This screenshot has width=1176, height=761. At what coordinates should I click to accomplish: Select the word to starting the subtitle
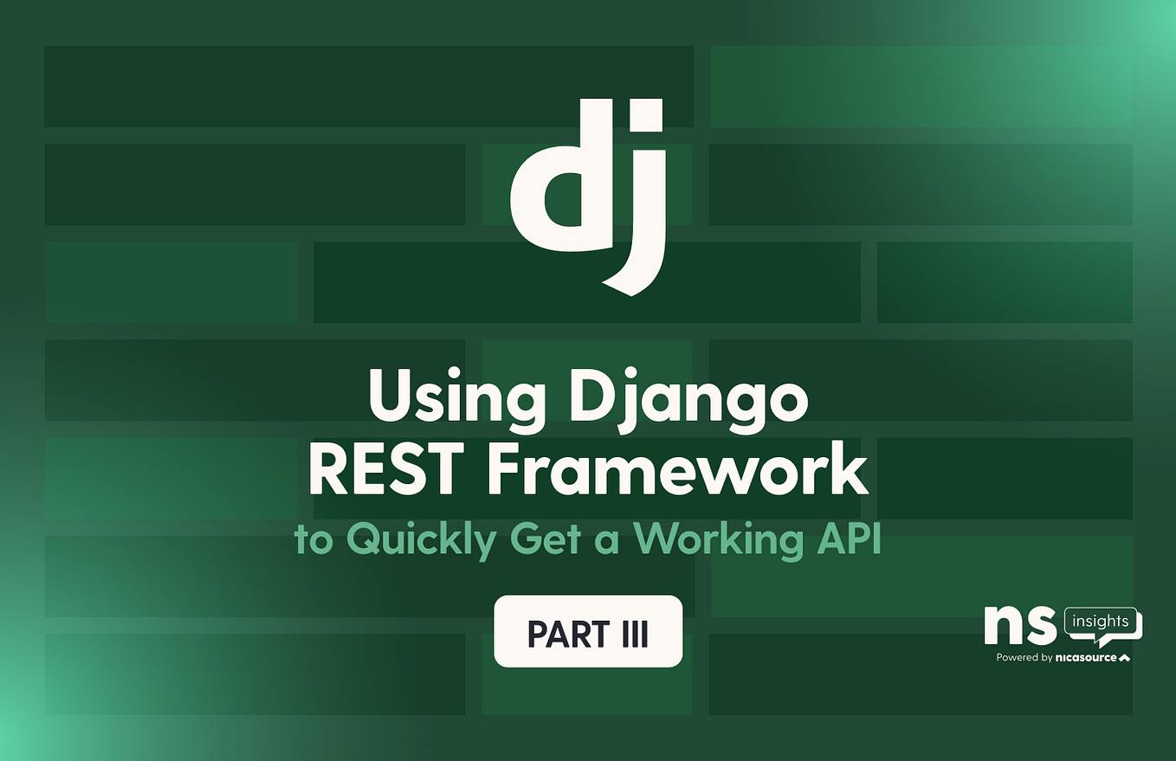coord(313,542)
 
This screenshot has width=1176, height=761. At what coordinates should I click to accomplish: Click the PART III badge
coord(588,632)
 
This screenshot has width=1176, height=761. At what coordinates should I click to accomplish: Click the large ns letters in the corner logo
coord(1021,626)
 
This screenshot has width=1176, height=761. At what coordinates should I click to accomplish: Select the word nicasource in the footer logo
coord(1086,658)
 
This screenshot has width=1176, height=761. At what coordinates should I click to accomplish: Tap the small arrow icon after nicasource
coord(1125,658)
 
